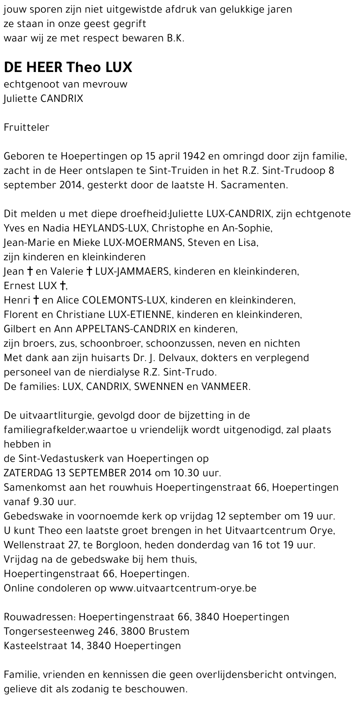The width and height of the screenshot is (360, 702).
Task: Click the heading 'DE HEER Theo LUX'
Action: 68,67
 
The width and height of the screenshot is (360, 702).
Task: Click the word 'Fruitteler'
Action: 26,127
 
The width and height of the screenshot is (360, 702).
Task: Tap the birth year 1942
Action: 194,156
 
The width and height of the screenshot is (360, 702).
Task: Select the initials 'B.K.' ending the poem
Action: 175,39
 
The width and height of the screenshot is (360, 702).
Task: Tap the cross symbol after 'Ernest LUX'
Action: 63,286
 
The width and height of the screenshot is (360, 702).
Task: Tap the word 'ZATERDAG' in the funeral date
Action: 28,473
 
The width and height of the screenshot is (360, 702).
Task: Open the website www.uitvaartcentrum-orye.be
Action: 183,588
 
